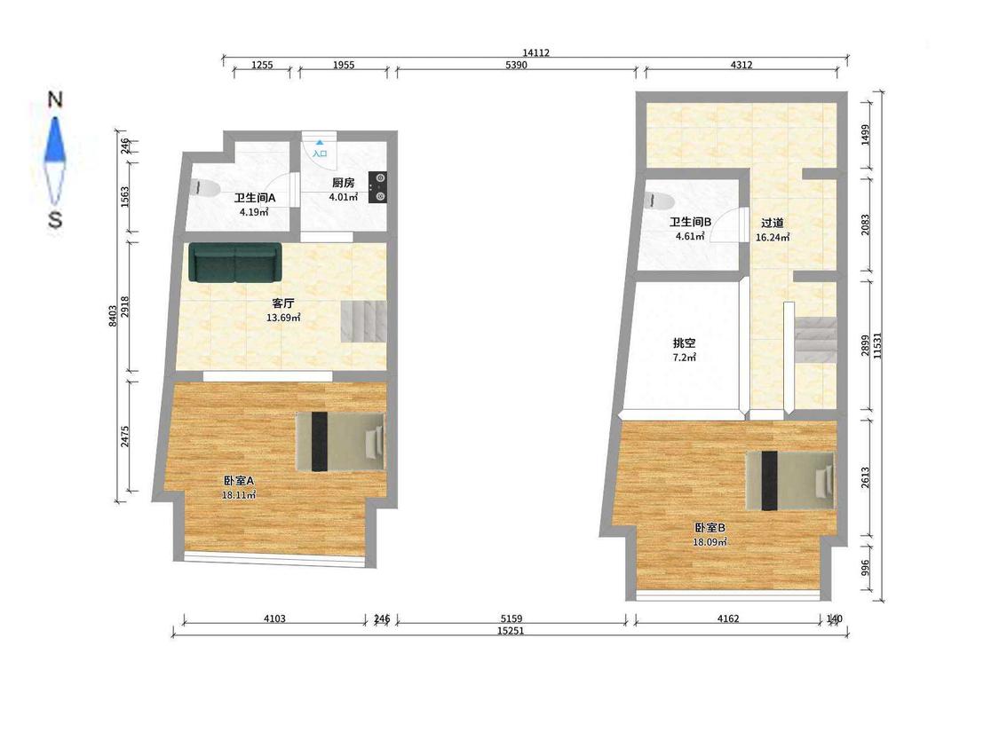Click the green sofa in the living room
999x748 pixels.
[235, 262]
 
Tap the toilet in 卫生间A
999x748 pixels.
[204, 188]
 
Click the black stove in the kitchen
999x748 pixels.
[377, 187]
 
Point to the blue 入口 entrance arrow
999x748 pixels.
[319, 145]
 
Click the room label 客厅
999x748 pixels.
[283, 303]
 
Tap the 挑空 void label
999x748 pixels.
[685, 343]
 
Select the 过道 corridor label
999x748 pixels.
[773, 223]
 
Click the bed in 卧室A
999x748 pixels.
[341, 442]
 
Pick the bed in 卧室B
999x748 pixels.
[790, 481]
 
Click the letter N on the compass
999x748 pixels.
[55, 99]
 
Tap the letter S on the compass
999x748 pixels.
[55, 220]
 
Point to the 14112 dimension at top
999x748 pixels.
[535, 53]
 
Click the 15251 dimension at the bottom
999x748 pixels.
[511, 631]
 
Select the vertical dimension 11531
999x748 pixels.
[878, 346]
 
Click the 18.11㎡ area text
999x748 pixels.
[239, 494]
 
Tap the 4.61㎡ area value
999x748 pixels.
[690, 236]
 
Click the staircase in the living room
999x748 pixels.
[364, 321]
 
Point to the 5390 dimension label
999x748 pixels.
[516, 65]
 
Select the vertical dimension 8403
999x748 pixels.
[112, 316]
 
